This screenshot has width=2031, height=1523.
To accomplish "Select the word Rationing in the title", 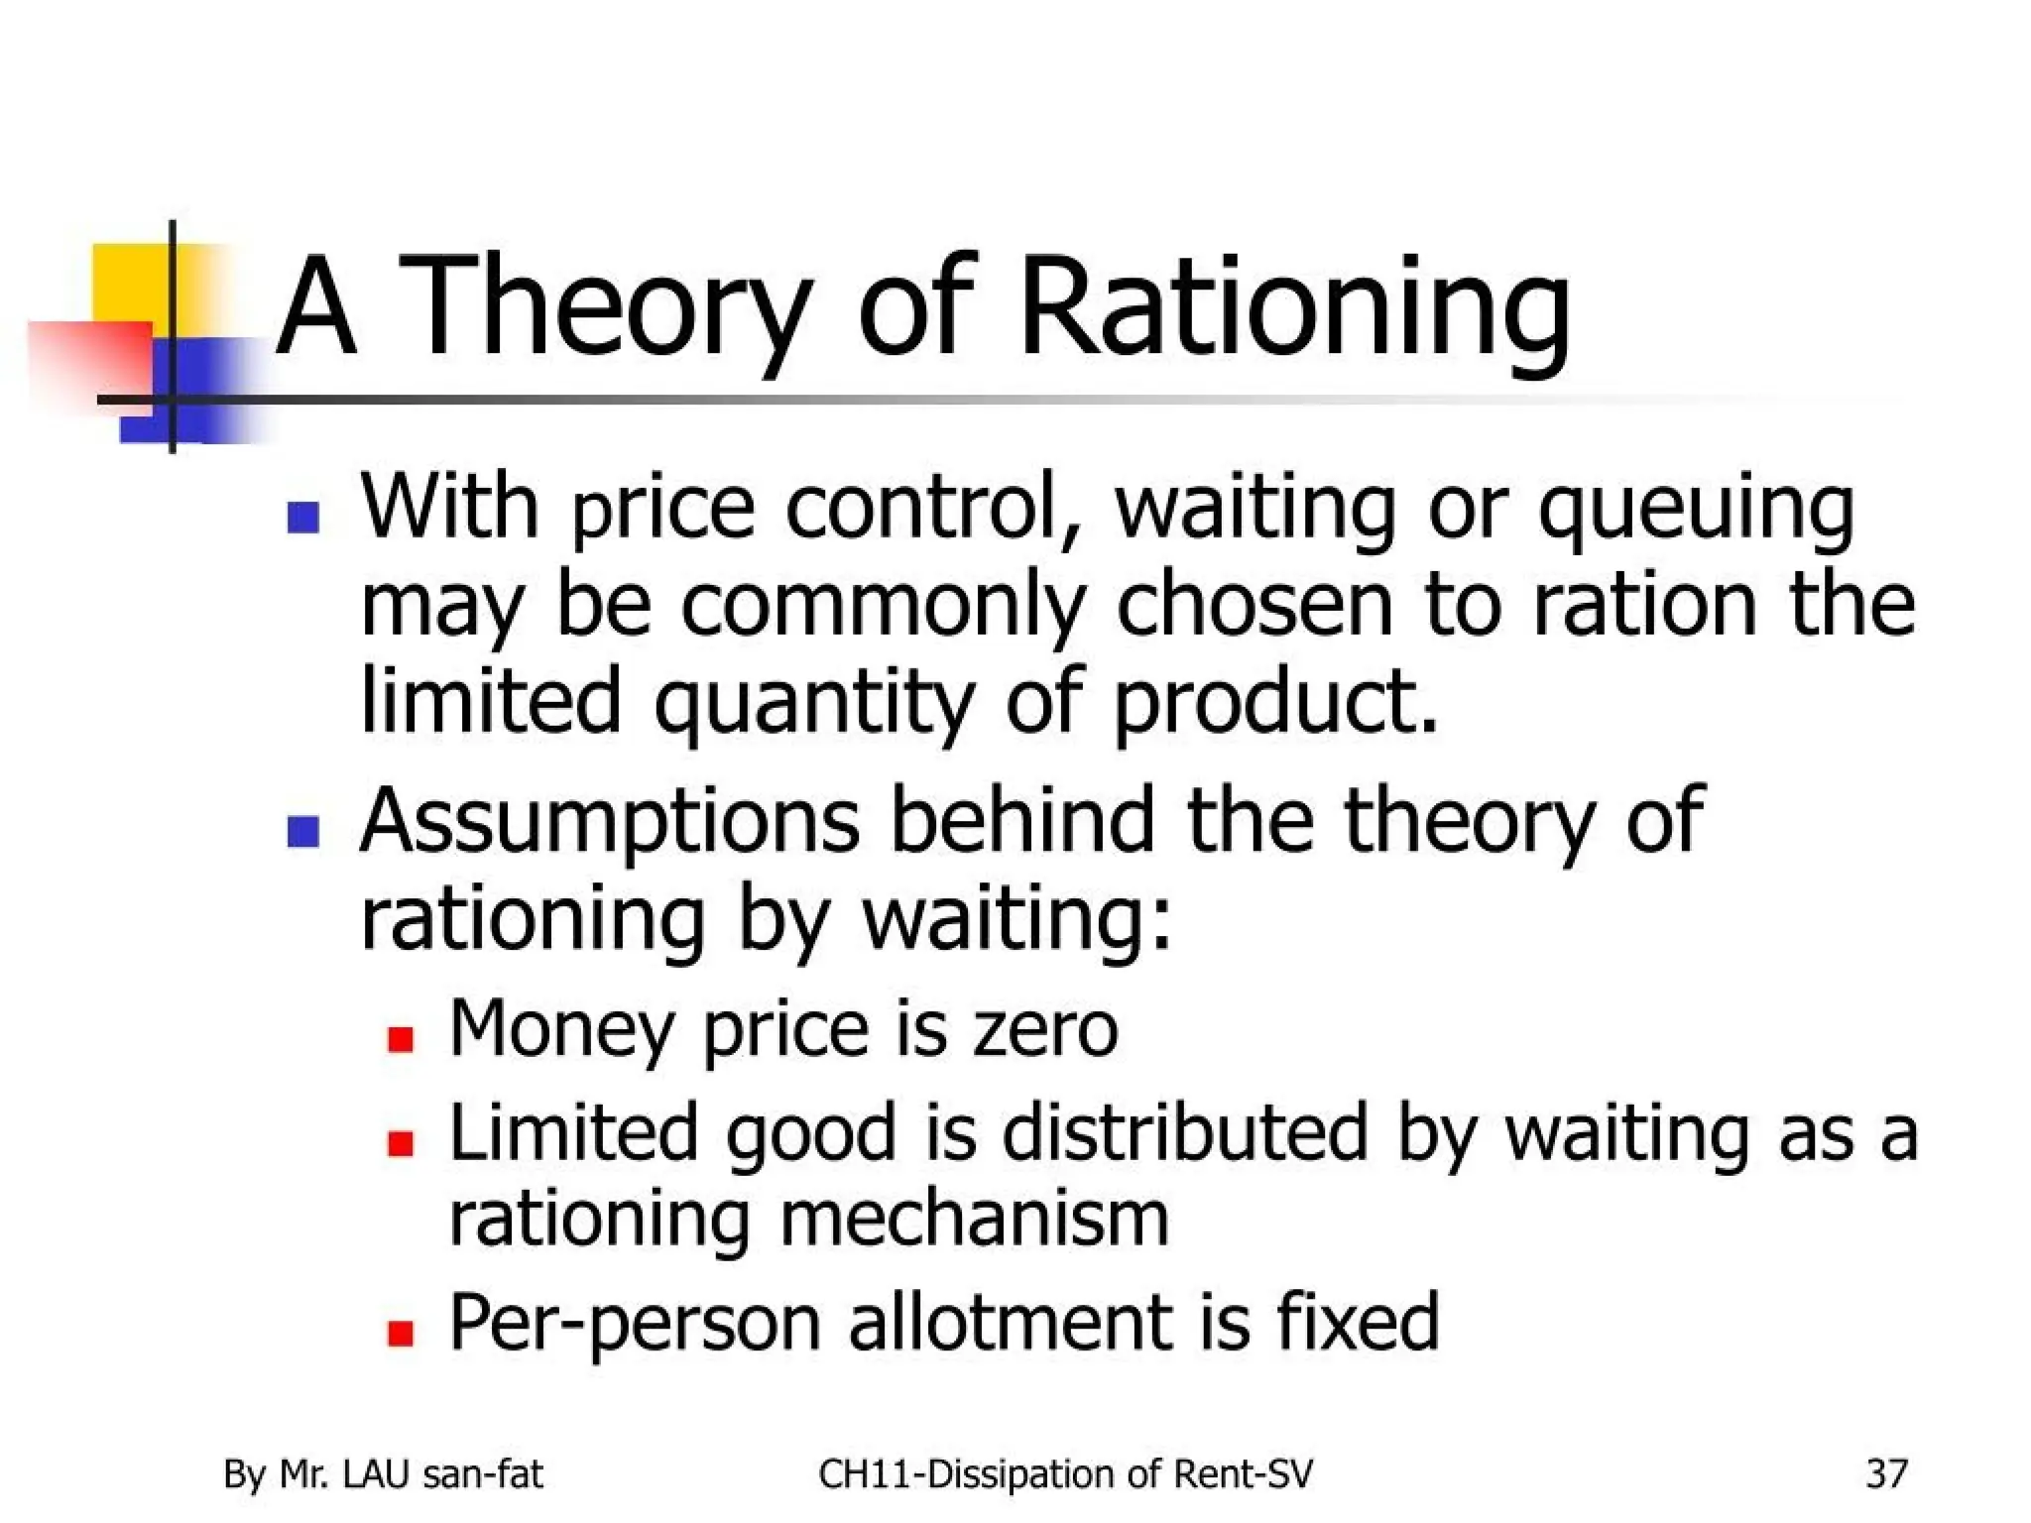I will point(1294,307).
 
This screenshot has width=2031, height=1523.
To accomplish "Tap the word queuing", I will point(1696,511).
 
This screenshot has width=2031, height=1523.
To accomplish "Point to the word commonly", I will point(883,607).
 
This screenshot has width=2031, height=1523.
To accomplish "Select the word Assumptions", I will point(609,821).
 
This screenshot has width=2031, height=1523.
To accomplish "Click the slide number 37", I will point(1886,1473).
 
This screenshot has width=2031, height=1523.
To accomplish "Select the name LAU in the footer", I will point(375,1473).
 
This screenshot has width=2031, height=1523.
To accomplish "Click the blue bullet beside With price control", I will point(302,518).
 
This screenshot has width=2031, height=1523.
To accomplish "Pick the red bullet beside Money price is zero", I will point(401,1039).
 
